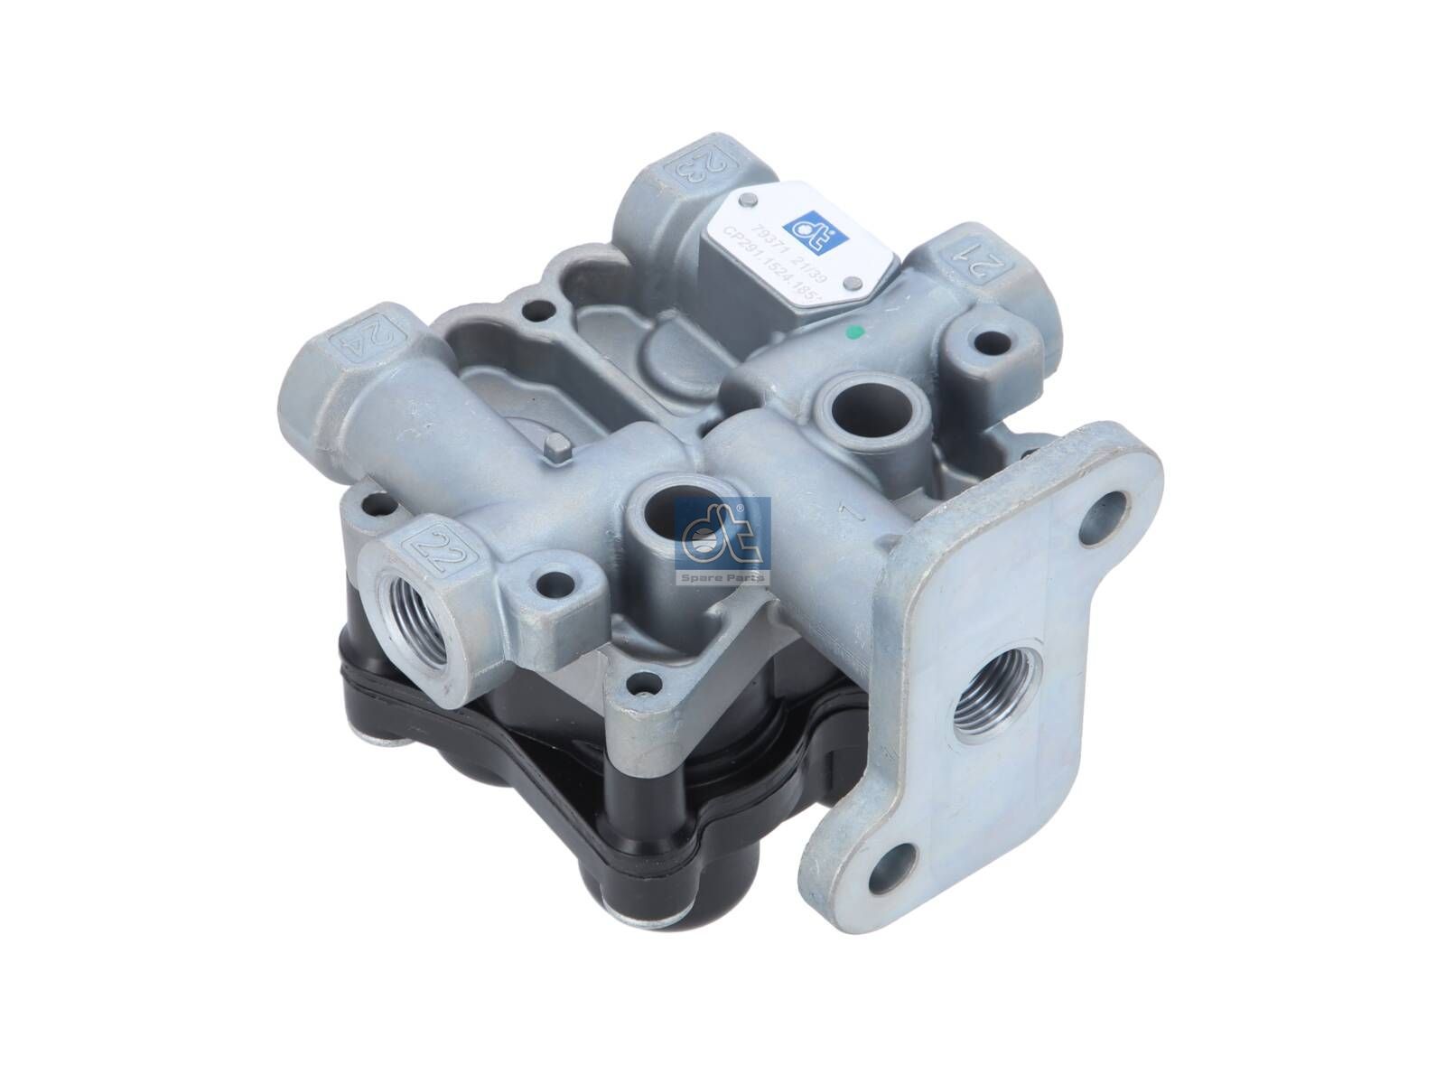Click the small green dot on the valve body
coord(858,333)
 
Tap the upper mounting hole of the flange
coord(1112,511)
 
